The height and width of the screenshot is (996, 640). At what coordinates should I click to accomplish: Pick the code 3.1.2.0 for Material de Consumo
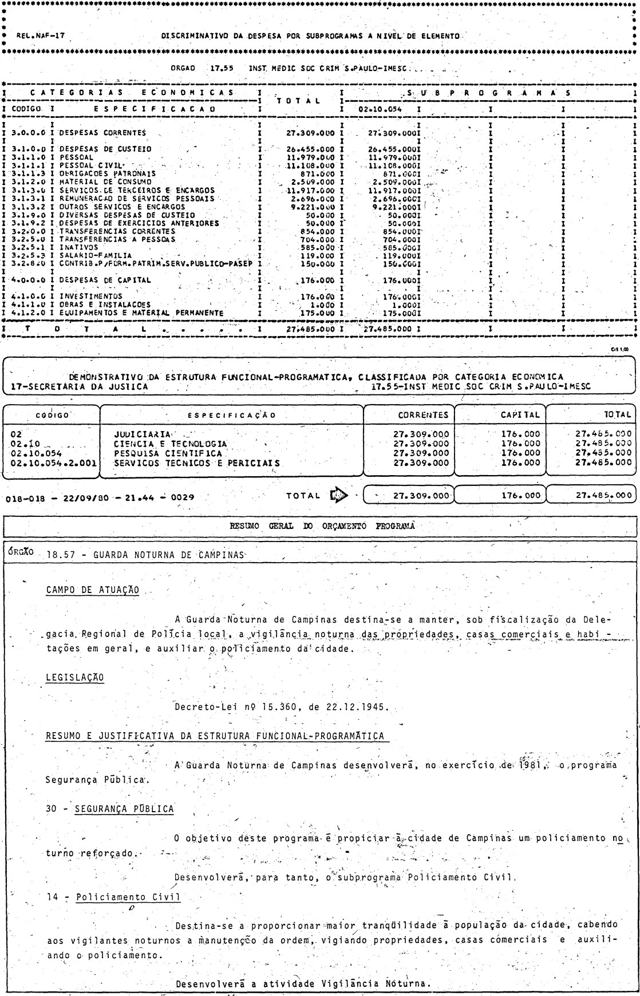pyautogui.click(x=27, y=182)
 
